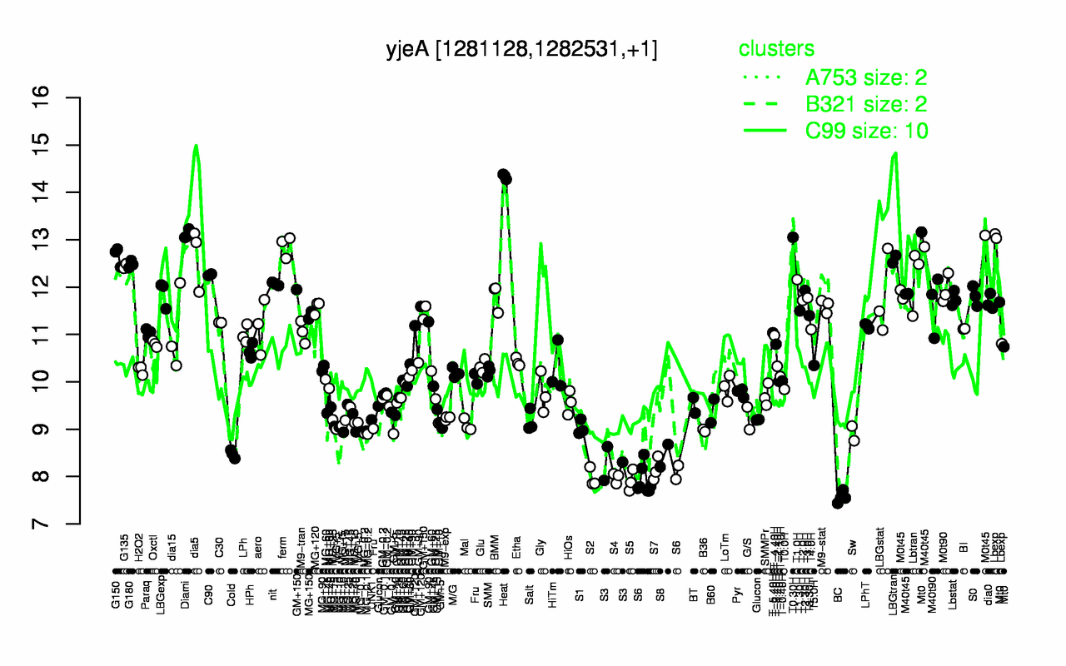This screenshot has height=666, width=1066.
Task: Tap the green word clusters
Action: (x=776, y=49)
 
